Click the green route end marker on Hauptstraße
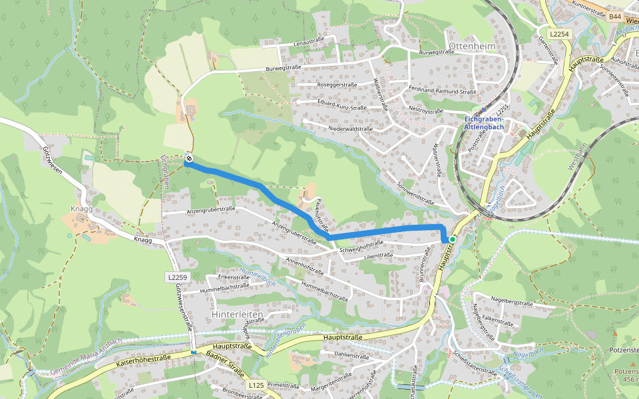[452, 239]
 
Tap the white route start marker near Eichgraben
[189, 158]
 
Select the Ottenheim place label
[472, 46]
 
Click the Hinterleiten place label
[238, 313]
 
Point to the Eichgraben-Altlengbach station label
[484, 122]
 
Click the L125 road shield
[256, 385]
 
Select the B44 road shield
[614, 16]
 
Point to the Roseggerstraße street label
[337, 85]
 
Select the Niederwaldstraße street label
[349, 128]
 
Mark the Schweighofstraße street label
[361, 250]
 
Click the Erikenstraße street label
[233, 277]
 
